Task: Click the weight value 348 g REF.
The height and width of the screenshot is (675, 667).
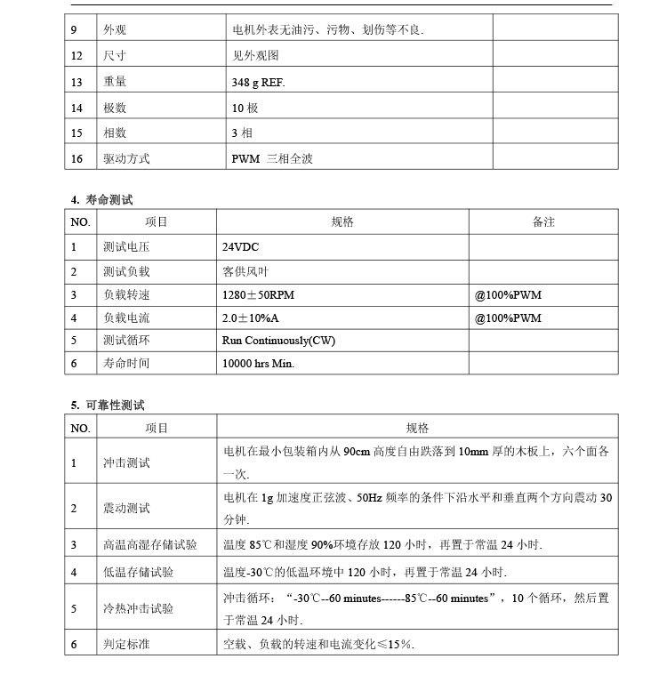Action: [x=258, y=83]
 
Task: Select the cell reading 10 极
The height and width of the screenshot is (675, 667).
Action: [x=245, y=108]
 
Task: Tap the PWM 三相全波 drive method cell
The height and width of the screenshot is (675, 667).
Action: [x=272, y=159]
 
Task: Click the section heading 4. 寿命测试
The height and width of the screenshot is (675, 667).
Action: [x=102, y=199]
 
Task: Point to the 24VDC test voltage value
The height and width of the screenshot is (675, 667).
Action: [x=240, y=246]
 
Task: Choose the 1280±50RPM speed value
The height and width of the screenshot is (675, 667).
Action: [x=257, y=294]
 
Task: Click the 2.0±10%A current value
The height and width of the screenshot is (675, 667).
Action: [x=252, y=317]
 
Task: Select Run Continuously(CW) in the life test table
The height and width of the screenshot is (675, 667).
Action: [x=278, y=341]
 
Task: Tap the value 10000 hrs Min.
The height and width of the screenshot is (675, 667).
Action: [x=258, y=363]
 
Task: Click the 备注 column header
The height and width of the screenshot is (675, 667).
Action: [x=543, y=221]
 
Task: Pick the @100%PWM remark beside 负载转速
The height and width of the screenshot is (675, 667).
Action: [x=508, y=294]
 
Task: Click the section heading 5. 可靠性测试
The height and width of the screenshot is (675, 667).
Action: [x=108, y=406]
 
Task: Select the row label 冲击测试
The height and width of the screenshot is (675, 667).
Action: [x=126, y=462]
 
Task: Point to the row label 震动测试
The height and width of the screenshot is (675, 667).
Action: [x=126, y=509]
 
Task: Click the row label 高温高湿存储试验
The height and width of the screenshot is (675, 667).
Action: [x=150, y=544]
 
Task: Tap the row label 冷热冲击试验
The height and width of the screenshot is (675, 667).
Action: [x=138, y=609]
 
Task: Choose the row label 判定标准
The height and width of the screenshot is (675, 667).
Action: [x=126, y=643]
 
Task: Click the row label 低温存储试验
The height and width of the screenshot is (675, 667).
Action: [x=138, y=572]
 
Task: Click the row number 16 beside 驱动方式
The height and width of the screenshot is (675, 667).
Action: [x=77, y=159]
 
